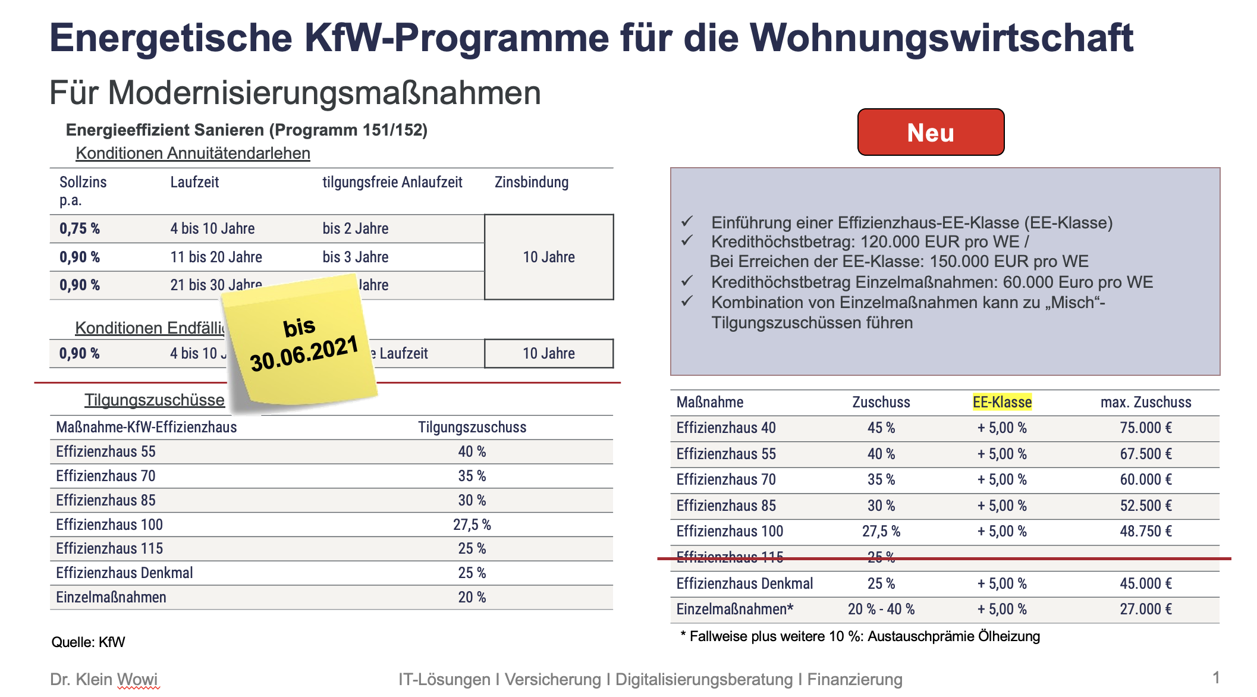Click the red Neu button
click(x=931, y=132)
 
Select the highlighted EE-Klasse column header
click(x=1002, y=402)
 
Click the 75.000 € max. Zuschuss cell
click(x=1146, y=428)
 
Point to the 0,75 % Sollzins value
click(x=80, y=228)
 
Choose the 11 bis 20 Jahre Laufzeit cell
click(x=216, y=257)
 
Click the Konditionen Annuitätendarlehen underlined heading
click(x=193, y=153)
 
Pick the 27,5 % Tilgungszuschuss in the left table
click(x=472, y=525)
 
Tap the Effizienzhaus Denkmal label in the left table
click(x=124, y=573)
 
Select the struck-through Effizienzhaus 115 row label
click(x=730, y=557)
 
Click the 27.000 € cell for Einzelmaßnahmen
click(x=1146, y=609)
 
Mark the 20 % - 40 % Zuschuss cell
click(x=881, y=609)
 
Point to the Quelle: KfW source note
click(x=88, y=642)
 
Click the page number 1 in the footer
click(x=1216, y=677)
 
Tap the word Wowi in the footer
click(x=138, y=679)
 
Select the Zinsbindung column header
click(x=532, y=182)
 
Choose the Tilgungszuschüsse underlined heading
click(x=155, y=400)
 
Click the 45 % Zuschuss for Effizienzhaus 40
click(x=881, y=428)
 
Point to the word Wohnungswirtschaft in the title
click(x=942, y=38)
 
